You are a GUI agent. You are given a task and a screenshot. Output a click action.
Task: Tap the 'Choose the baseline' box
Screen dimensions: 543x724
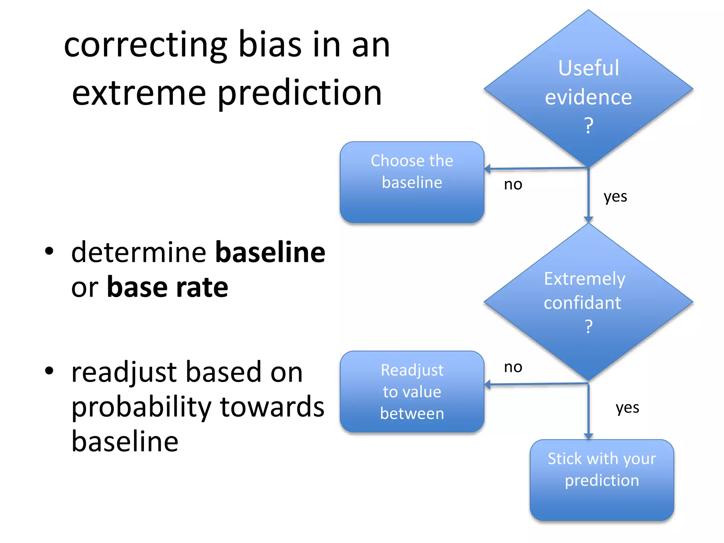click(x=412, y=182)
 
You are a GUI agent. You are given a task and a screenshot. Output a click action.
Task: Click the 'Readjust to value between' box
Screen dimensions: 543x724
click(x=412, y=392)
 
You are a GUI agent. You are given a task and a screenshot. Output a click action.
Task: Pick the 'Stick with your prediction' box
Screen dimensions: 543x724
click(x=602, y=480)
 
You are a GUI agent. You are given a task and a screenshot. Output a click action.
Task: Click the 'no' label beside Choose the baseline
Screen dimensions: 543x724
click(x=513, y=185)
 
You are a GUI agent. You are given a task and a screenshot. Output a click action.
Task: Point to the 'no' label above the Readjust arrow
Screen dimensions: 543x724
click(x=513, y=367)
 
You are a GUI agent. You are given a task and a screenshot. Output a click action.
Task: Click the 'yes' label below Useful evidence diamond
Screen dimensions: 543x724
click(x=615, y=197)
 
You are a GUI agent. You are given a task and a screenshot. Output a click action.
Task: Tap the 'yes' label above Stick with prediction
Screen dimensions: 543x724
click(x=627, y=408)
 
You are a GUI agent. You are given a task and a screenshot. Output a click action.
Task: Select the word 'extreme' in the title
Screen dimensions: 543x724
click(x=139, y=93)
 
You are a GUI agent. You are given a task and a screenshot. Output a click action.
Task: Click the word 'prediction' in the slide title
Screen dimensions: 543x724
click(x=299, y=93)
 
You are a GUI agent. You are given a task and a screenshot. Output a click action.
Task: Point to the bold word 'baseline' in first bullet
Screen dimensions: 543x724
click(x=270, y=252)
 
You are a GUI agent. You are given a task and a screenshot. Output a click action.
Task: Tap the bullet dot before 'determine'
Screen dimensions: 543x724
click(x=49, y=251)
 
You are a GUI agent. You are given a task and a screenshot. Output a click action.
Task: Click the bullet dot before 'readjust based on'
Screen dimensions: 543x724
click(x=49, y=371)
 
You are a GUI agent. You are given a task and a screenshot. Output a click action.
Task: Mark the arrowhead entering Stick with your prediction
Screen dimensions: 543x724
click(x=588, y=437)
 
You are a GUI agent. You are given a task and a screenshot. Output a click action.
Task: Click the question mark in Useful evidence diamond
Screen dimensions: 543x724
click(x=588, y=125)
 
